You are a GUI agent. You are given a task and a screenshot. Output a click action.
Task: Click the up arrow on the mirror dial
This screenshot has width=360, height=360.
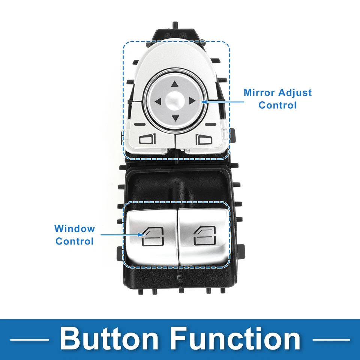click(175, 85)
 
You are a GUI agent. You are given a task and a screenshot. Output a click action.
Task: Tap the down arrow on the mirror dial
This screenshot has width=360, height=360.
click(175, 118)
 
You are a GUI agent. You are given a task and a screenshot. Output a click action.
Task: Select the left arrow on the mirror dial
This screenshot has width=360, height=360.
click(158, 101)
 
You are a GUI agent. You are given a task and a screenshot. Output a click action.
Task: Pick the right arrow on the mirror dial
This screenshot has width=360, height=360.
click(192, 101)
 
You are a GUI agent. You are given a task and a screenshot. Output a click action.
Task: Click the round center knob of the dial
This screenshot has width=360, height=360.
click(175, 101)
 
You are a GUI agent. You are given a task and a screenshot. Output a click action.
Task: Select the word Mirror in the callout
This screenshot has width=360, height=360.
click(259, 93)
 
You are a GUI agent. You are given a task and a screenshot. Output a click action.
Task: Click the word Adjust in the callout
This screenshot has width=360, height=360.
click(294, 93)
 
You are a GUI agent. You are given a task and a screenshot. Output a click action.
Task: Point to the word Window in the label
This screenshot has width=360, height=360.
click(75, 229)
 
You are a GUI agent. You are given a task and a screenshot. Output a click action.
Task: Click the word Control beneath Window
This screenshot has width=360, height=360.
click(75, 241)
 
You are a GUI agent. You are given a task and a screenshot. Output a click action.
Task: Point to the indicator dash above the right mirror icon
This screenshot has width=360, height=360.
click(210, 124)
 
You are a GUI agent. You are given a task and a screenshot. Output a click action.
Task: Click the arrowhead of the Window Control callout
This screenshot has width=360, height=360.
click(142, 235)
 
